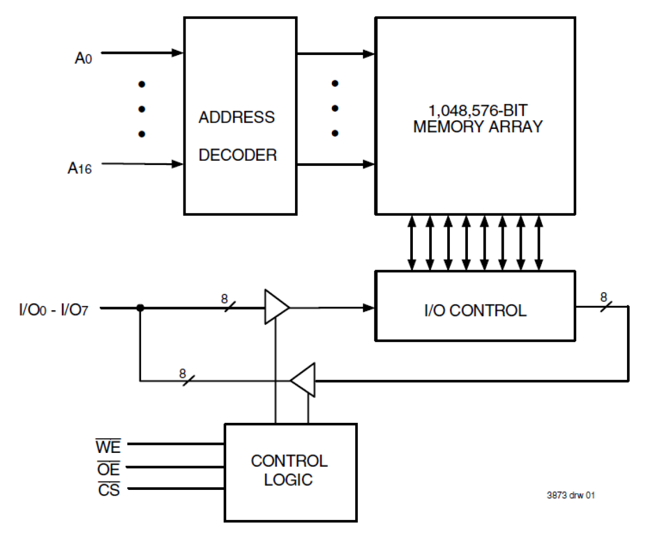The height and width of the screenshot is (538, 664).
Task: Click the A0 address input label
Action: (83, 58)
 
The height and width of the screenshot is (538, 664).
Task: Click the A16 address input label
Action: (79, 168)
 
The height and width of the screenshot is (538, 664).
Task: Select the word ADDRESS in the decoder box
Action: (236, 117)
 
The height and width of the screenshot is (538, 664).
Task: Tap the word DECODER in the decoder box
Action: (237, 155)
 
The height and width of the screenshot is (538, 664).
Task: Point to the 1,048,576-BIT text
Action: (477, 110)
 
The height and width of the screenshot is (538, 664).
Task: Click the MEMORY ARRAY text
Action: (477, 127)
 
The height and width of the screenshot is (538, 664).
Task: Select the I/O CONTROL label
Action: (475, 310)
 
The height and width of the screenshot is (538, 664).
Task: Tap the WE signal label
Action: (108, 447)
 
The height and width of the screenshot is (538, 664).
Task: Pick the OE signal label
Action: (108, 469)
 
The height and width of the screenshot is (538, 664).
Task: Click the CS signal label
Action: (109, 490)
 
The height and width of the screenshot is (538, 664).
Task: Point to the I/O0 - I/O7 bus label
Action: (53, 310)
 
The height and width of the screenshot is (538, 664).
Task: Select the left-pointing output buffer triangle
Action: (305, 380)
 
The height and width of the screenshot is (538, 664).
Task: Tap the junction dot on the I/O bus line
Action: (140, 308)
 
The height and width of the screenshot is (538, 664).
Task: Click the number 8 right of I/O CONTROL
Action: (603, 297)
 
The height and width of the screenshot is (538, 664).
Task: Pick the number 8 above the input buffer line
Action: (224, 299)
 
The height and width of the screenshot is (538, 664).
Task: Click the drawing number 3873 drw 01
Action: (570, 495)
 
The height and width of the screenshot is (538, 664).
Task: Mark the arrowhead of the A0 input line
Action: (178, 53)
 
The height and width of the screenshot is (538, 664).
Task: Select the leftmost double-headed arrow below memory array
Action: (412, 243)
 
